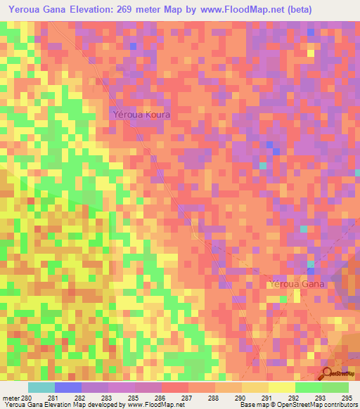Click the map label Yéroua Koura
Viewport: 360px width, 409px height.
point(141,113)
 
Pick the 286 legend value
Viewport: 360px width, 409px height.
point(162,397)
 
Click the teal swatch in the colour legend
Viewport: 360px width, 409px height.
point(41,387)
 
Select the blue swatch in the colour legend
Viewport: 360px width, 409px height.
point(68,387)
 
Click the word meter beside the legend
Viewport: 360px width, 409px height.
point(11,397)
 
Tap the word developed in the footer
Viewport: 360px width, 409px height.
point(103,405)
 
